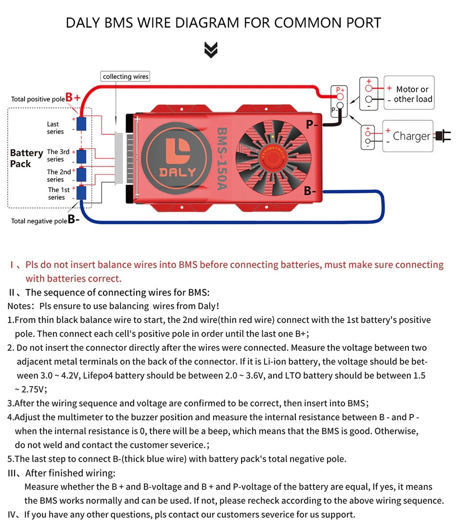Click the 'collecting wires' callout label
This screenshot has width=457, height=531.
coord(126,77)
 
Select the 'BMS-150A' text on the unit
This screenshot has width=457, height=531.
coord(222,158)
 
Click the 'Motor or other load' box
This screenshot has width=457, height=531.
coord(409,93)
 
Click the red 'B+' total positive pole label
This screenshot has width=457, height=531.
coord(73,97)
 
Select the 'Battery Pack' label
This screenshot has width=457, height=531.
coord(26,158)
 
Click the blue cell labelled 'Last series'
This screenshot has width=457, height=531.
coord(81,124)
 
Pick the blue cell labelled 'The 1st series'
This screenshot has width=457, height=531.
coord(81,193)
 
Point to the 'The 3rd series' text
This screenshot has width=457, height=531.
coord(58,155)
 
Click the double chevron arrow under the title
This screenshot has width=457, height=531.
coord(211,50)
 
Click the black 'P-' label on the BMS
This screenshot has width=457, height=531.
coord(311,125)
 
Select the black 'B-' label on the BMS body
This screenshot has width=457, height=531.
coord(310,191)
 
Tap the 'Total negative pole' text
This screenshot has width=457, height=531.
coord(39,221)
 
